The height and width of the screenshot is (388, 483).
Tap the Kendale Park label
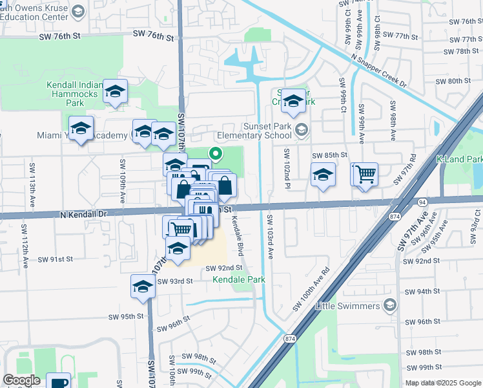pyautogui.click(x=239, y=280)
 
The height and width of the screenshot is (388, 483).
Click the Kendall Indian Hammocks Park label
pyautogui.click(x=74, y=94)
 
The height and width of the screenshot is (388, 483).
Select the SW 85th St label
pyautogui.click(x=330, y=155)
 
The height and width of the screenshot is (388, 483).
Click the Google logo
pyautogui.click(x=21, y=380)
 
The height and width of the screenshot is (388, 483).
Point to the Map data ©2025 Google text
pyautogui.click(x=443, y=383)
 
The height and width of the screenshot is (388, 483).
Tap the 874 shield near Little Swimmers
pyautogui.click(x=289, y=338)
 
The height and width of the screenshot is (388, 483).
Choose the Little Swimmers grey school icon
pyautogui.click(x=389, y=305)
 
